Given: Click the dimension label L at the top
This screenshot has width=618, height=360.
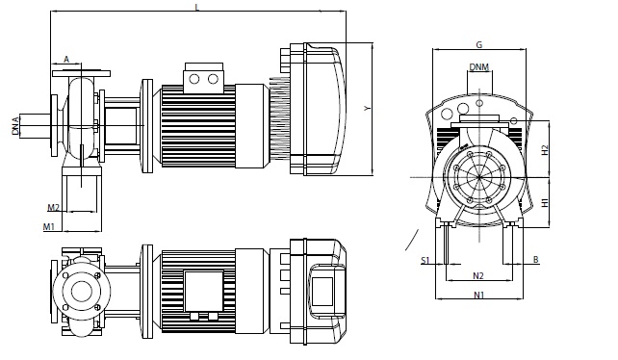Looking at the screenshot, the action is (x=197, y=7).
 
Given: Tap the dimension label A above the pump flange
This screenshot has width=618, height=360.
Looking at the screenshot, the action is (x=66, y=59).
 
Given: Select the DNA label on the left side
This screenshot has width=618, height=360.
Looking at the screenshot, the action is (x=15, y=126).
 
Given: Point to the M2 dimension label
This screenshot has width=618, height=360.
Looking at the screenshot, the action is (x=54, y=207).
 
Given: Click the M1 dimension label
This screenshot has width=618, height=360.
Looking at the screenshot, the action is (x=49, y=227).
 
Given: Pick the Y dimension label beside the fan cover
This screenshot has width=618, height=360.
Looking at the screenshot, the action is (x=368, y=108).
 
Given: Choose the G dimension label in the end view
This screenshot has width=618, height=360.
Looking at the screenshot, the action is (x=479, y=45).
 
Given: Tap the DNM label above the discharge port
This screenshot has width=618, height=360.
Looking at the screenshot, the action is (x=479, y=67).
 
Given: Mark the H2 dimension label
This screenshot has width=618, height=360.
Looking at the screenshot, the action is (x=545, y=150).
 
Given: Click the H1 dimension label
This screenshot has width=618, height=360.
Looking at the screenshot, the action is (x=545, y=203).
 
